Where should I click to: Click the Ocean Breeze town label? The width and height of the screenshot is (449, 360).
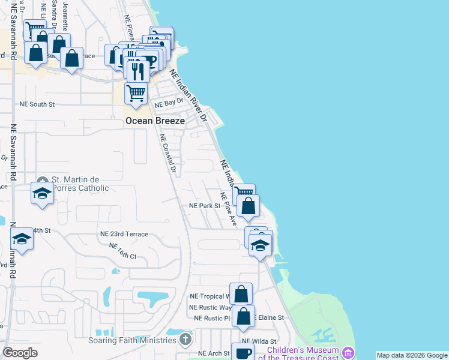click(155, 121)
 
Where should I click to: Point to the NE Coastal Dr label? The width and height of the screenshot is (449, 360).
click(167, 153)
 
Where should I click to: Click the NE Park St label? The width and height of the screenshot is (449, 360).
click(205, 205)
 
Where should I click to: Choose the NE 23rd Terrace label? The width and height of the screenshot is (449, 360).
click(124, 234)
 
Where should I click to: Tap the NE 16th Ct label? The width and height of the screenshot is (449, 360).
click(123, 251)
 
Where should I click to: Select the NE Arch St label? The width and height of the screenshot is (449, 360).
click(214, 353)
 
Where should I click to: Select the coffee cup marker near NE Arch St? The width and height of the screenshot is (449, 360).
click(243, 352)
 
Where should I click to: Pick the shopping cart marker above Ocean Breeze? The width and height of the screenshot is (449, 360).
click(136, 94)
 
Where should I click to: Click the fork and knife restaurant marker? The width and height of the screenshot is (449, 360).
click(138, 71)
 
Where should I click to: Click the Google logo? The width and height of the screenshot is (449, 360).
click(20, 353)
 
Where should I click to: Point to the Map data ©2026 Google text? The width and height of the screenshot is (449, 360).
click(412, 355)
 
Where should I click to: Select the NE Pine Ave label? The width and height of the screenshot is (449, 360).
click(229, 209)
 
